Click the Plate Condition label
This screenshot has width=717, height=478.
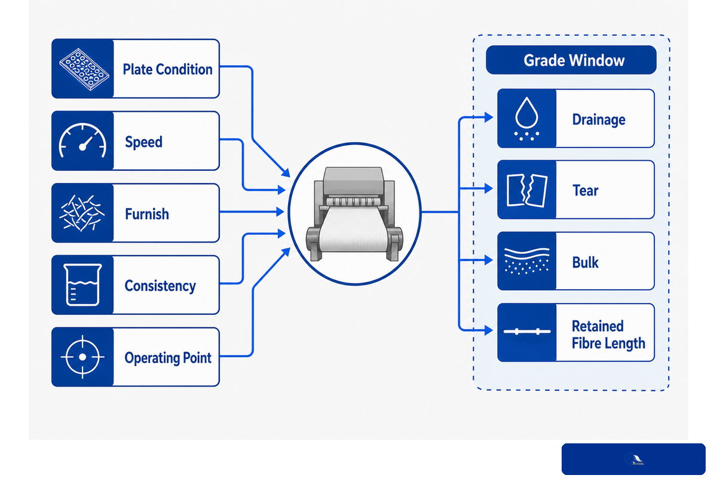[167, 69]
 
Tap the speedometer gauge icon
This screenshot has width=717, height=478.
[82, 140]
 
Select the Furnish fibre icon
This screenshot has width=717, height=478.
[82, 213]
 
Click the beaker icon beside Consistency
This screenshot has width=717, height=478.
[82, 284]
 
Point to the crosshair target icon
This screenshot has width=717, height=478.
[82, 357]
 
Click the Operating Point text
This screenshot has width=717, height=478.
[168, 358]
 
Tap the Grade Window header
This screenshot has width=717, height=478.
[574, 60]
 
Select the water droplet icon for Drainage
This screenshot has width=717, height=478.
[526, 118]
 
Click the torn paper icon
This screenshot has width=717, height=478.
[527, 190]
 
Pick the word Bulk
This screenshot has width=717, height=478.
[585, 262]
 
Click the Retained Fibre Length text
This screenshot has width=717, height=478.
[608, 335]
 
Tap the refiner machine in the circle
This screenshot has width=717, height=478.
[355, 213]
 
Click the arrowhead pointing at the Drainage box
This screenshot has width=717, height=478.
[489, 118]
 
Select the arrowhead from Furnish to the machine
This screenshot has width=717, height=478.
[280, 212]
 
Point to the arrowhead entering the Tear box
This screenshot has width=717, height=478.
[489, 188]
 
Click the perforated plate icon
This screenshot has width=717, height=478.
[84, 69]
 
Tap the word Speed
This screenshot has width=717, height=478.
[144, 142]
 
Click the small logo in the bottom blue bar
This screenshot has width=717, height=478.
[634, 459]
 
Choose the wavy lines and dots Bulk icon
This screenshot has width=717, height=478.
[526, 261]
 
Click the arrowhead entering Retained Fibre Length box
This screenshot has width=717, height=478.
[489, 330]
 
